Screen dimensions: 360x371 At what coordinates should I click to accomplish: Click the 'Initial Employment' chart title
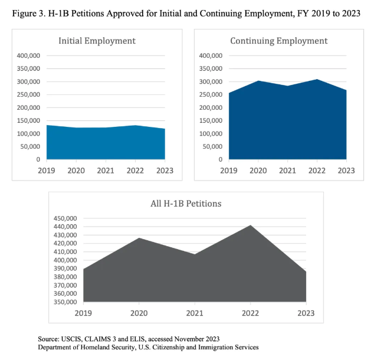(97, 41)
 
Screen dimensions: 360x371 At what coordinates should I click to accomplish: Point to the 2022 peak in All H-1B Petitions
(250, 225)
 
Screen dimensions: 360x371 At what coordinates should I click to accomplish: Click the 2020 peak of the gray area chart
(139, 238)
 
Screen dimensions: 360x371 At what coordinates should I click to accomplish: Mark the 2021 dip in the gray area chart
(195, 254)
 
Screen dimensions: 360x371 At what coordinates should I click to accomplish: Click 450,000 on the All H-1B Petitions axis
(65, 218)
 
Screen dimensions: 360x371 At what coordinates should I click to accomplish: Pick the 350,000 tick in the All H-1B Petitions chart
(65, 302)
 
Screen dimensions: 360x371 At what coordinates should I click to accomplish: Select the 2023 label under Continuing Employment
(346, 171)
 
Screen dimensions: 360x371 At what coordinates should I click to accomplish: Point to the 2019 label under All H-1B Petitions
(84, 313)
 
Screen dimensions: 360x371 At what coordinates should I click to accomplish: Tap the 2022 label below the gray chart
(250, 313)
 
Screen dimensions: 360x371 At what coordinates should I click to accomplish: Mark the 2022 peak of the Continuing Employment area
(317, 80)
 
